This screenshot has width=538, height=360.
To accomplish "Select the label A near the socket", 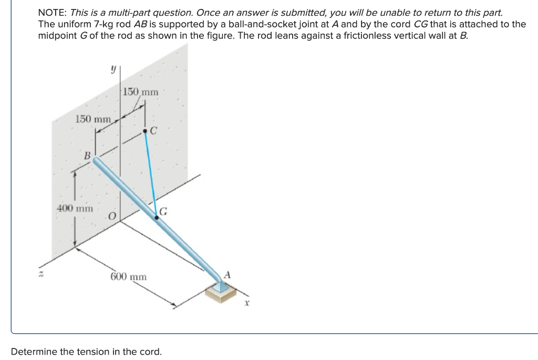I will click(227, 274).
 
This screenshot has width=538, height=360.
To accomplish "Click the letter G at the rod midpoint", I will click(163, 212).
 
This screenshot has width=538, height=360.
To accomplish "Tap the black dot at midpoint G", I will click(156, 217).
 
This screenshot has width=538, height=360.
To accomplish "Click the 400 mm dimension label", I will click(74, 208).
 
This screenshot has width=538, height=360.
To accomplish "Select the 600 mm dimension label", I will click(129, 276).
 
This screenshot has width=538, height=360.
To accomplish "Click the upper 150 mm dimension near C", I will click(140, 92).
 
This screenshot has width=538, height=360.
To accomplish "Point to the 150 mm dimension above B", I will click(93, 119).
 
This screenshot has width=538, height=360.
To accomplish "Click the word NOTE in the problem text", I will click(53, 12).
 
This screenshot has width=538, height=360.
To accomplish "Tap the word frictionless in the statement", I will click(348, 36).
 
